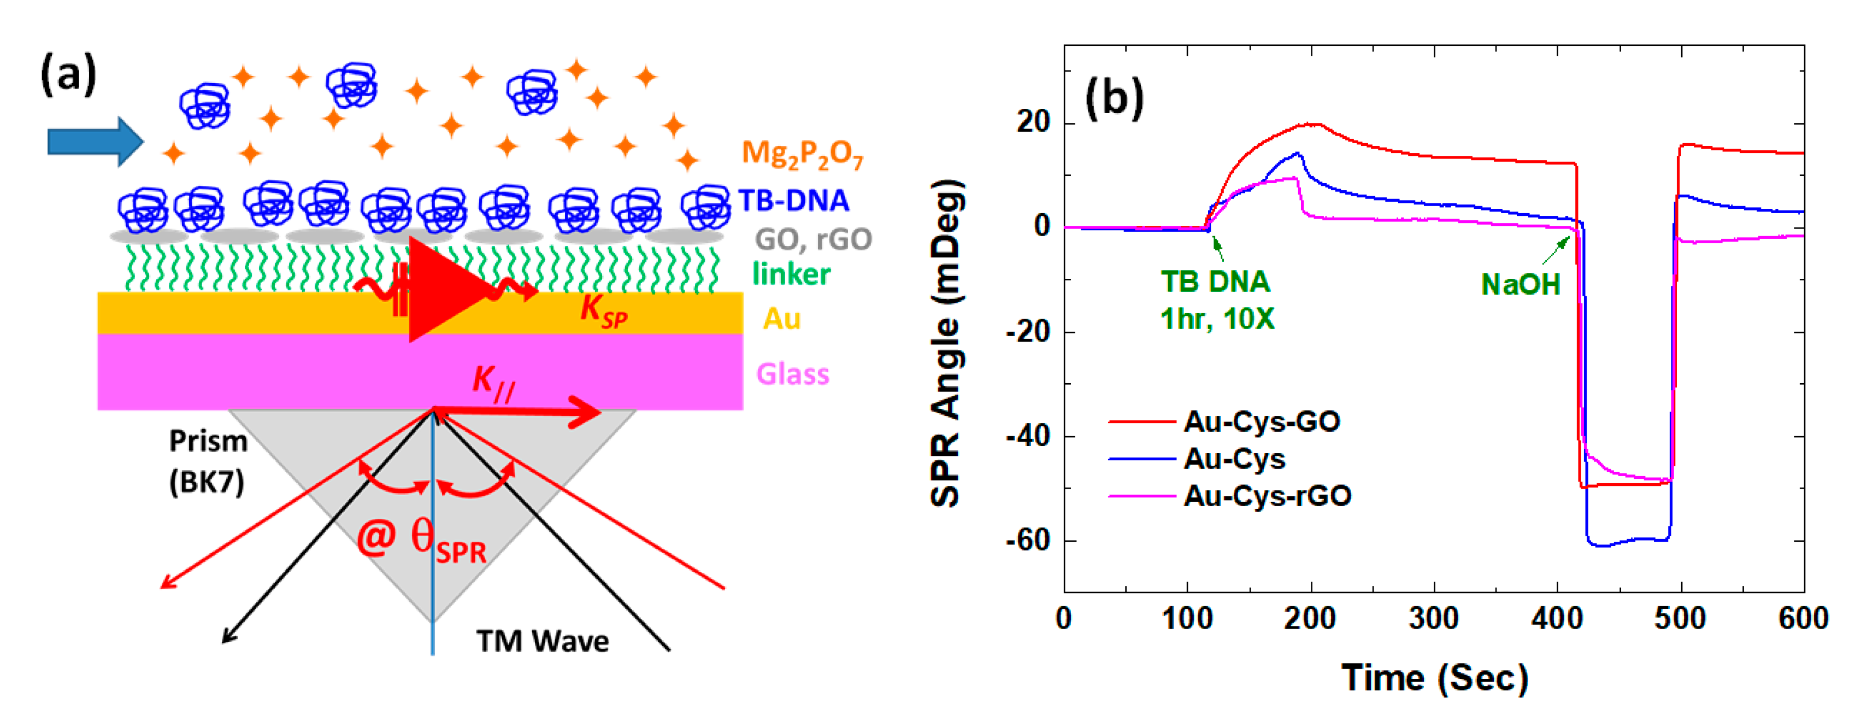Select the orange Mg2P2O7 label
point(802,154)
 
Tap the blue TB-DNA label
point(793,200)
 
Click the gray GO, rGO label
point(812,238)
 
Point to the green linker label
point(791,274)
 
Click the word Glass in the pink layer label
point(792,374)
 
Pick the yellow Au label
point(781,318)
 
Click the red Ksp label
point(603,310)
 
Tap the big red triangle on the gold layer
point(442,290)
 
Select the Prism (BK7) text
point(208,461)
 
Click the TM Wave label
point(542,641)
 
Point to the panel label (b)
point(1114,98)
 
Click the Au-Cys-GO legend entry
point(1261,421)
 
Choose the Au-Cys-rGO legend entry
point(1267,496)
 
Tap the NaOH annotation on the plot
point(1520,284)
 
